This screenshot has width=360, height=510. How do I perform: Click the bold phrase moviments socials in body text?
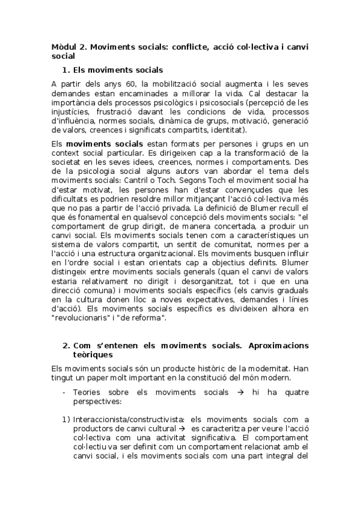pyautogui.click(x=104, y=144)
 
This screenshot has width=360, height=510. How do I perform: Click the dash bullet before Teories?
pyautogui.click(x=64, y=392)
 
